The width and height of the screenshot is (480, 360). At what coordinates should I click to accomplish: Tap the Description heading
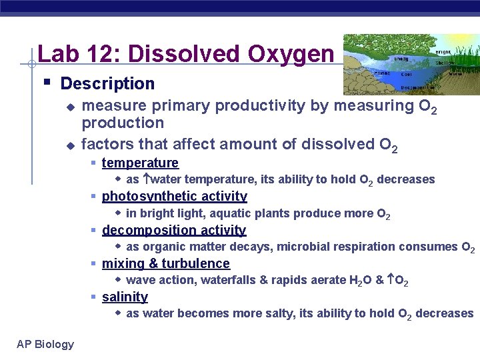pyautogui.click(x=107, y=84)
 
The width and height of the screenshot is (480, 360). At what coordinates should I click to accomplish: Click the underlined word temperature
pyautogui.click(x=140, y=163)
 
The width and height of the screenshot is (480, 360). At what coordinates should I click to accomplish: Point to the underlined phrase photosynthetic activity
pyautogui.click(x=174, y=196)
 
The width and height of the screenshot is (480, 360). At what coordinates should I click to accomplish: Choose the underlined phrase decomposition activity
pyautogui.click(x=174, y=230)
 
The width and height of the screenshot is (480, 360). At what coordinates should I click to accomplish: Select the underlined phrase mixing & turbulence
pyautogui.click(x=165, y=263)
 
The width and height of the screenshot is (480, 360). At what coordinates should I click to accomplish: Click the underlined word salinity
pyautogui.click(x=125, y=297)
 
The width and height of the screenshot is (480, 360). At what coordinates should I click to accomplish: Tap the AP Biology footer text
pyautogui.click(x=45, y=344)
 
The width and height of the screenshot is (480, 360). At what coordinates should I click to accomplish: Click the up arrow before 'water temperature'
pyautogui.click(x=146, y=179)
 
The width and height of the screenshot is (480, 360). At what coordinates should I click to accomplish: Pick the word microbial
pyautogui.click(x=304, y=247)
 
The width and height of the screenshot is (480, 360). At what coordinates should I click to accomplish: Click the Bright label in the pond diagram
pyautogui.click(x=442, y=51)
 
